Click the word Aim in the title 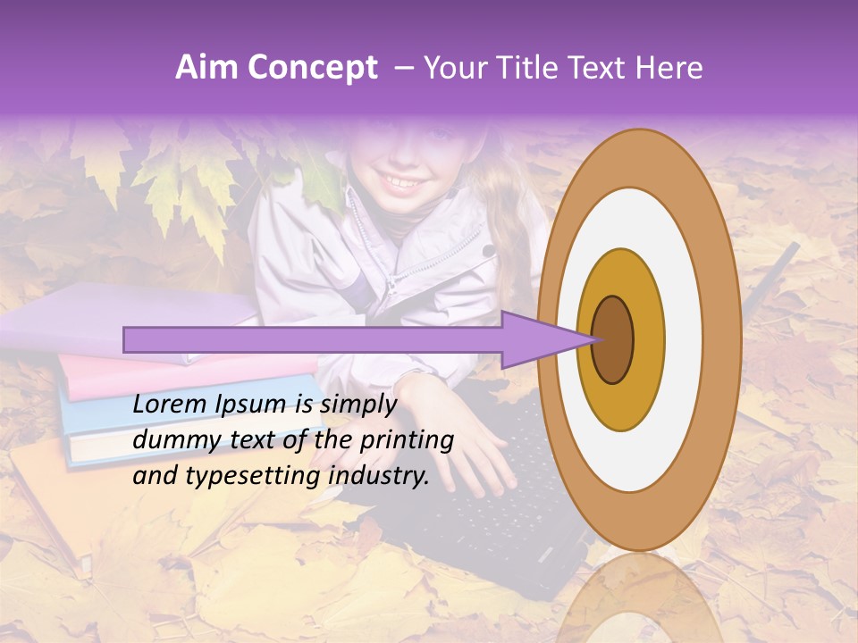[x=206, y=68]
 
